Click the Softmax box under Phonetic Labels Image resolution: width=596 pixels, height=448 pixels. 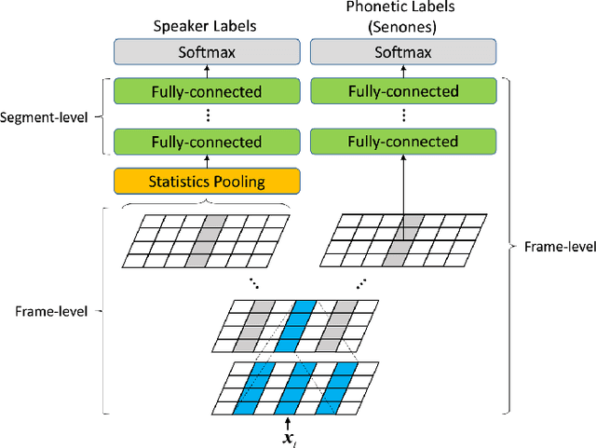[x=402, y=53]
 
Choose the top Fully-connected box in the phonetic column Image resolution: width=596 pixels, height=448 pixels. [x=402, y=91]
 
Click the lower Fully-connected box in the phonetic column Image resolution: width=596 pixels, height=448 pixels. [x=402, y=142]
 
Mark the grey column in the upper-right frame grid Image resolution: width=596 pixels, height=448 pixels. [x=402, y=240]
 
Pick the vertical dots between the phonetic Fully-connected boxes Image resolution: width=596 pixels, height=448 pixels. [x=402, y=116]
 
